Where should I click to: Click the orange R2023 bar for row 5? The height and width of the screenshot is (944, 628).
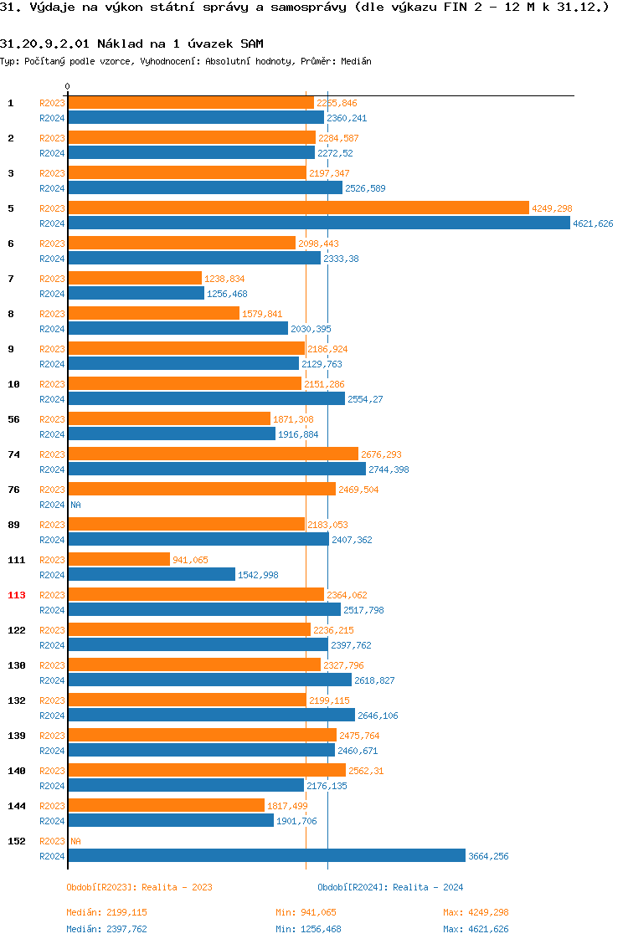click(298, 208)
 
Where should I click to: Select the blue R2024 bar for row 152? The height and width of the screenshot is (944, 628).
click(266, 855)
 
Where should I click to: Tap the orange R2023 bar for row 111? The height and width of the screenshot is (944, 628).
click(119, 559)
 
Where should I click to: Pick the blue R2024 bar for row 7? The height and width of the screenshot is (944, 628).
click(136, 293)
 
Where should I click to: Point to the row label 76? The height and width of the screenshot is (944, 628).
click(14, 490)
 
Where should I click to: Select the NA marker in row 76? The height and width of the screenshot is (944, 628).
click(75, 505)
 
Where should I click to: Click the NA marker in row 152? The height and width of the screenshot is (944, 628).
click(75, 841)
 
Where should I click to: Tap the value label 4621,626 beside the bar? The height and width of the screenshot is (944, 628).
click(593, 223)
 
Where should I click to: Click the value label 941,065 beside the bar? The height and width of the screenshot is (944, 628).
click(190, 560)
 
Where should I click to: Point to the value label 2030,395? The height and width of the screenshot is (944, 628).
click(311, 329)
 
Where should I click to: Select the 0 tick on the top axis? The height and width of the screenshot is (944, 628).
click(68, 86)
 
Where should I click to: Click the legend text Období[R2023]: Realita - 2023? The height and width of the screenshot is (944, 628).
click(139, 887)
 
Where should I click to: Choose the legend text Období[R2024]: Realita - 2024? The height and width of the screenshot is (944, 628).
click(390, 887)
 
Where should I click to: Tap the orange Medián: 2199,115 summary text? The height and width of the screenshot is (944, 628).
click(106, 912)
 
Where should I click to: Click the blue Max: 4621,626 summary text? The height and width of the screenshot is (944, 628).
click(476, 929)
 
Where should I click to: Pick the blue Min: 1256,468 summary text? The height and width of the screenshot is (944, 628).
click(308, 929)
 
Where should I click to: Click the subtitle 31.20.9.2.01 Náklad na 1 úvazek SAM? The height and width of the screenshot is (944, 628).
click(131, 44)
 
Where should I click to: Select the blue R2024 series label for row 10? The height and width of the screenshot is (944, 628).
click(52, 399)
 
